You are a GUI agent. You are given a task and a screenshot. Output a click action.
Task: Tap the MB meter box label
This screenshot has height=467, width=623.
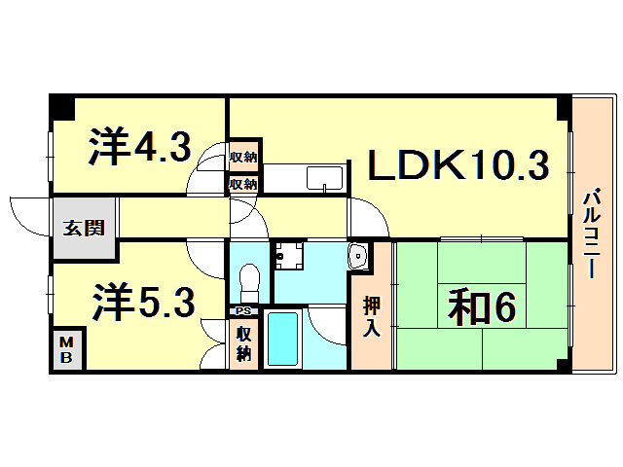pos(67,347)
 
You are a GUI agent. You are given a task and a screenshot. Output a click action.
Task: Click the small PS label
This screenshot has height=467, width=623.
pos(241,311)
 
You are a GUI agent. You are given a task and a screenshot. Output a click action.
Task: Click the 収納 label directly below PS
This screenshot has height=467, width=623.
pos(242,341)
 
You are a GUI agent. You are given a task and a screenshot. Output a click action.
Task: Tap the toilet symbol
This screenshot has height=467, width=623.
pos(248,281)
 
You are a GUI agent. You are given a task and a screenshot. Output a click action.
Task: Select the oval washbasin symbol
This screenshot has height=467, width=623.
pos(358,257)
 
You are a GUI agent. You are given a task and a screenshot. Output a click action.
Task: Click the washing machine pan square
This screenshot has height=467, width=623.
pos(286,256)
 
